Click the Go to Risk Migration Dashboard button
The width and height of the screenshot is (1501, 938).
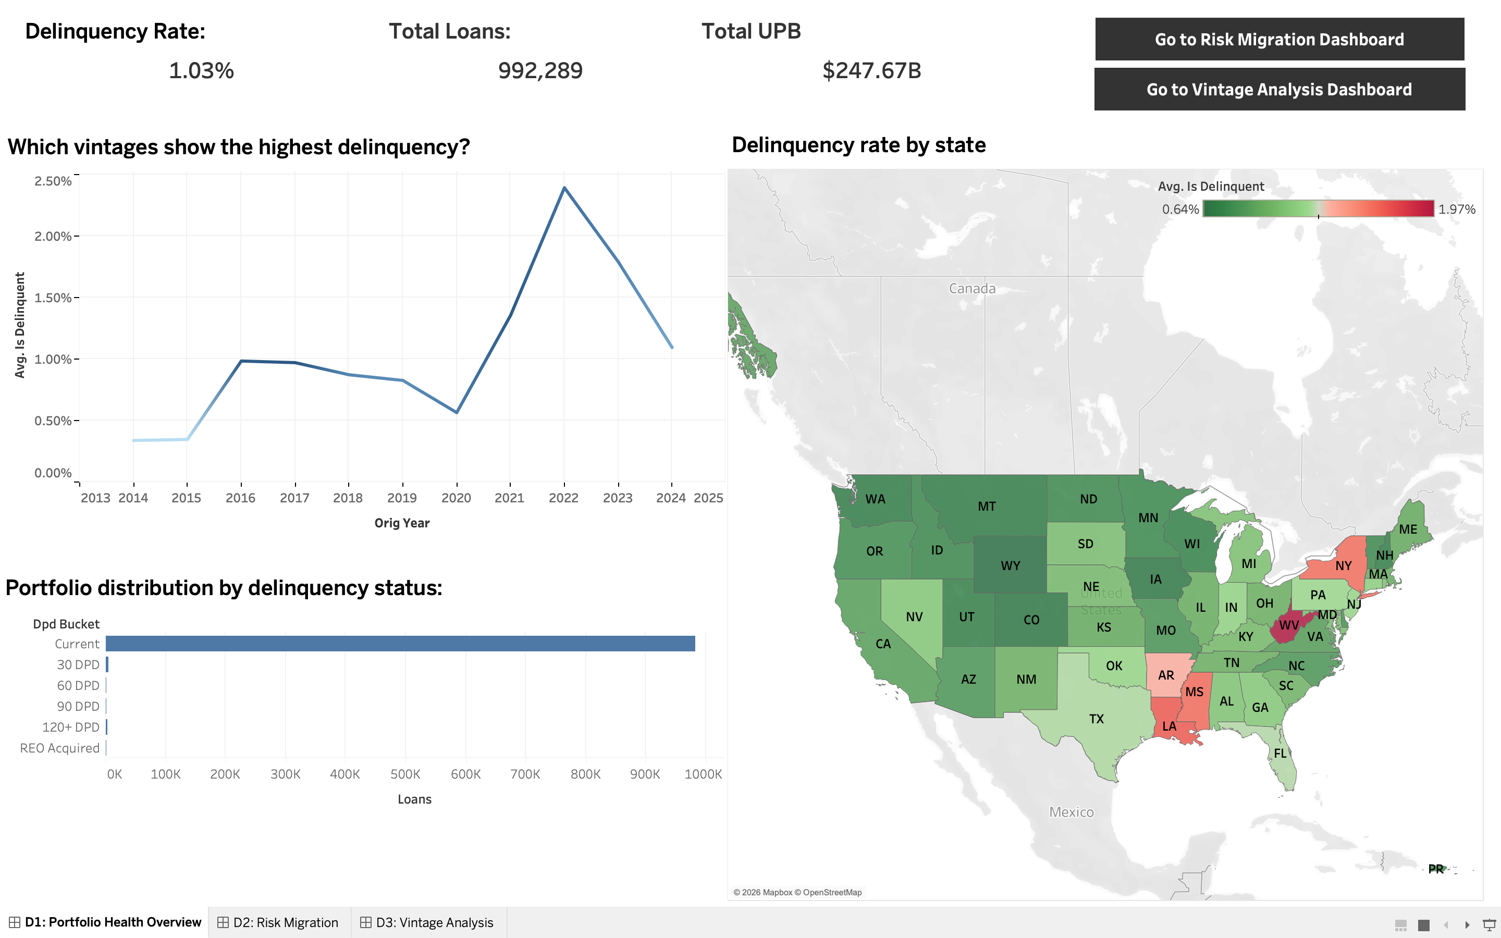click(x=1279, y=39)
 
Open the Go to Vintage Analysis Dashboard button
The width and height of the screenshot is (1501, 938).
click(x=1279, y=89)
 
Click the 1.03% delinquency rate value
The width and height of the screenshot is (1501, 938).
click(x=201, y=71)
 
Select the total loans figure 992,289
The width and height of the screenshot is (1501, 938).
click(x=539, y=71)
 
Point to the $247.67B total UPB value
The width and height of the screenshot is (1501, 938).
click(x=871, y=71)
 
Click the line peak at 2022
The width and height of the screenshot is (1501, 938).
click(x=564, y=188)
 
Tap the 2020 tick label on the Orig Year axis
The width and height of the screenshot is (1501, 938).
click(x=456, y=498)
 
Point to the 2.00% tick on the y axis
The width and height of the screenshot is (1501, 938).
click(x=53, y=237)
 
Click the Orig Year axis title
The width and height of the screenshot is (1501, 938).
click(x=401, y=523)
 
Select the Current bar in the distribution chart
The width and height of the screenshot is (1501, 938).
click(x=400, y=644)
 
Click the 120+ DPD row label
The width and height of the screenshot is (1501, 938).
click(x=71, y=727)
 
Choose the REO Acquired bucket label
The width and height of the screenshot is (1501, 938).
click(x=59, y=748)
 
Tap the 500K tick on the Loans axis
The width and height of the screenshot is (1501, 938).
click(x=405, y=774)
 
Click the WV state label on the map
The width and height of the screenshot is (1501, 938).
click(x=1288, y=625)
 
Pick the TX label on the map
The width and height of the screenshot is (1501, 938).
click(x=1096, y=719)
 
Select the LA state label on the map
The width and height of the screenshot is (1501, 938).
click(x=1168, y=726)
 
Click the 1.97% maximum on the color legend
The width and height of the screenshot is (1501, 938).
click(x=1456, y=209)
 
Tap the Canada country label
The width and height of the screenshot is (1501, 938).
click(x=972, y=289)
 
